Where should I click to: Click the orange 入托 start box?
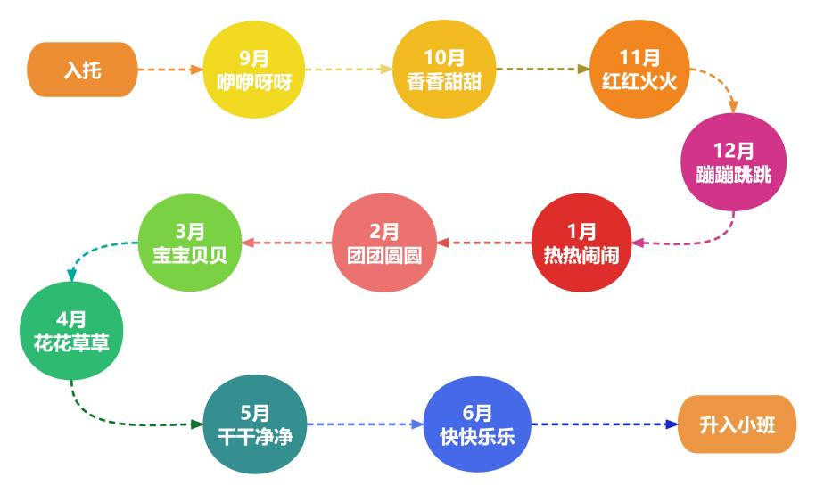click(x=83, y=69)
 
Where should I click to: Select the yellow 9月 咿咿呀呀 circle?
click(x=255, y=69)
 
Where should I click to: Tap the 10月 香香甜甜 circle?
click(x=444, y=69)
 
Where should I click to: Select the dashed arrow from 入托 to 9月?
click(x=170, y=69)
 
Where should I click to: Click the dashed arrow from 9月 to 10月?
click(x=350, y=69)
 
